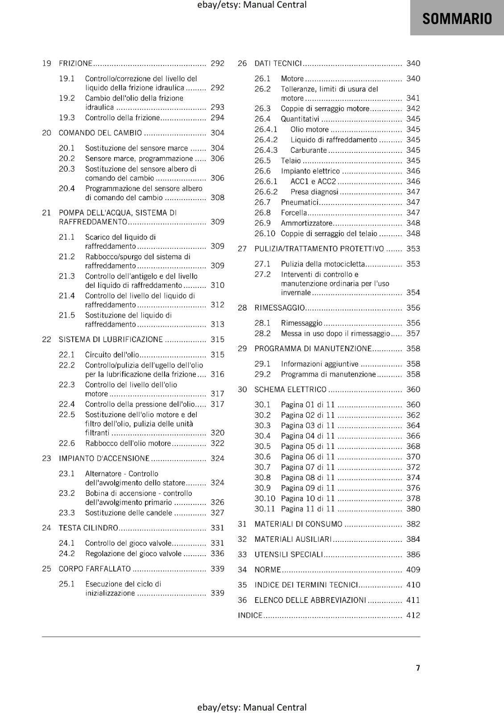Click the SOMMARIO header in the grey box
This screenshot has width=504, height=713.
pyautogui.click(x=457, y=19)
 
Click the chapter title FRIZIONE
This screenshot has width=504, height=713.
pyautogui.click(x=75, y=63)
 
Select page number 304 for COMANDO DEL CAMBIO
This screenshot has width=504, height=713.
pyautogui.click(x=217, y=133)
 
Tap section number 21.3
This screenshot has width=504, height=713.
pyautogui.click(x=67, y=276)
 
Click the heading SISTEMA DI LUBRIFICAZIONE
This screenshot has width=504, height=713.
pyautogui.click(x=111, y=340)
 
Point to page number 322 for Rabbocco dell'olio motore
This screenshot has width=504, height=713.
pyautogui.click(x=217, y=443)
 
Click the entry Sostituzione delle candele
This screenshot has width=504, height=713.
pyautogui.click(x=128, y=513)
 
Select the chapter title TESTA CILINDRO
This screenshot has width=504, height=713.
pyautogui.click(x=88, y=528)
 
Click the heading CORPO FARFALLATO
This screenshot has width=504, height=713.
pyautogui.click(x=95, y=569)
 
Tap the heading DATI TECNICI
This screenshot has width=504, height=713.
pyautogui.click(x=278, y=63)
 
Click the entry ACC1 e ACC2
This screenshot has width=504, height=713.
pyautogui.click(x=313, y=181)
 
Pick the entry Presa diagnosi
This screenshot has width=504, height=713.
pyautogui.click(x=314, y=192)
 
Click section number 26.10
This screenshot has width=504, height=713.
pyautogui.click(x=265, y=234)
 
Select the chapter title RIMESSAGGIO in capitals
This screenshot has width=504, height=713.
pyautogui.click(x=280, y=308)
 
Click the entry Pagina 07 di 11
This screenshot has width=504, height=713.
pyautogui.click(x=308, y=467)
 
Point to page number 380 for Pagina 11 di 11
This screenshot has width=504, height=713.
pyautogui.click(x=413, y=509)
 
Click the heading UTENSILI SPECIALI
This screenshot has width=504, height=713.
pyautogui.click(x=288, y=555)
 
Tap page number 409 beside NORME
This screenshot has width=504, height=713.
pyautogui.click(x=413, y=570)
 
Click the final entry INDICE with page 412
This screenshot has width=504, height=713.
pyautogui.click(x=250, y=615)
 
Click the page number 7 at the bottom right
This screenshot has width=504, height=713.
pyautogui.click(x=418, y=668)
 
